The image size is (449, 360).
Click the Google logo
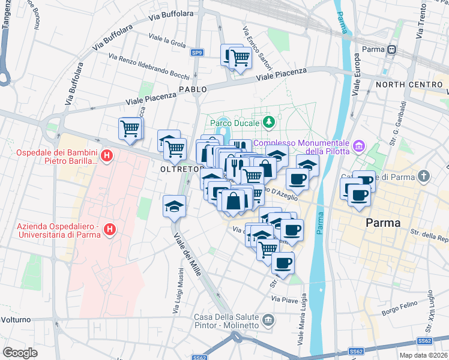[x=20, y=352]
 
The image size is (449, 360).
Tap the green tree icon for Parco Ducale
[x=270, y=122]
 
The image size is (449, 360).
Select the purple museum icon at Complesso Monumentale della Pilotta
[x=360, y=146]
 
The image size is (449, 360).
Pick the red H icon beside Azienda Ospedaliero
[x=109, y=229]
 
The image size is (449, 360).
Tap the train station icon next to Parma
[x=392, y=49]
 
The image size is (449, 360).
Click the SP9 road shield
[x=197, y=53]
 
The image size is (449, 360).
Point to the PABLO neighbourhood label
[x=193, y=89]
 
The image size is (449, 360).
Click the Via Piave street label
[x=284, y=298]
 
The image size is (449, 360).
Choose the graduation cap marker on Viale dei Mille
[x=173, y=206]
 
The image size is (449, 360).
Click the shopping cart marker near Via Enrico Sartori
[x=240, y=59]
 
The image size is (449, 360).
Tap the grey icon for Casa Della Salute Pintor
[x=268, y=318]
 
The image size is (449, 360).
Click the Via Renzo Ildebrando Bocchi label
[x=149, y=66]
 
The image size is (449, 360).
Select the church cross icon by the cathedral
[x=424, y=176]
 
